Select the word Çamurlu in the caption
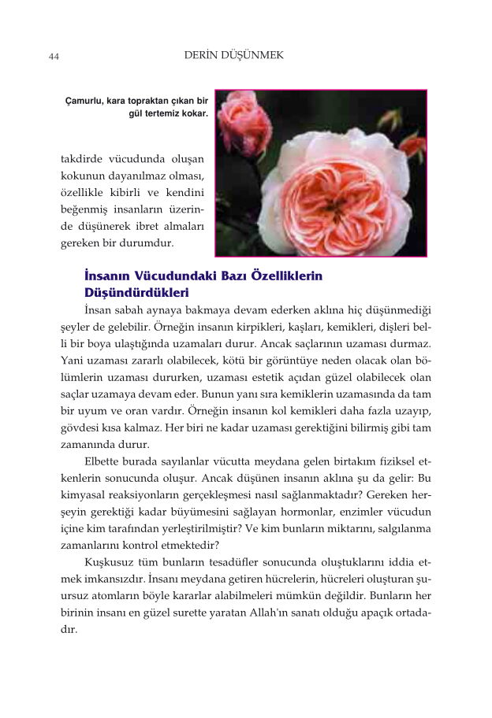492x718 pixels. (x=84, y=102)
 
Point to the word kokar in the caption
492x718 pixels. (x=195, y=114)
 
